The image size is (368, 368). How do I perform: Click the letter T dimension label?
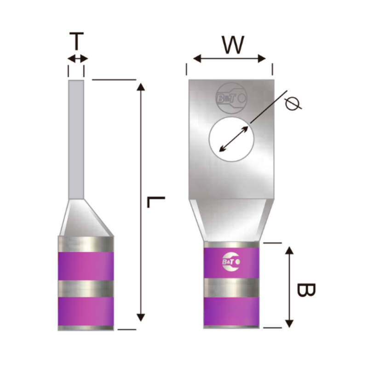[x=76, y=41]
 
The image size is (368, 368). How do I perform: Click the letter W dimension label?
[x=233, y=45]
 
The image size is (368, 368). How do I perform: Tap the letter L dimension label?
[x=156, y=202]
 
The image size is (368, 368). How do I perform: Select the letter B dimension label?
[x=306, y=290]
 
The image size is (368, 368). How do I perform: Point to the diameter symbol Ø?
[x=293, y=103]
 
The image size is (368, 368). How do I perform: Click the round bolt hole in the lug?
[x=231, y=139]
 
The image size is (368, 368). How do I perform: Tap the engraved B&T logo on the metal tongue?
[x=231, y=98]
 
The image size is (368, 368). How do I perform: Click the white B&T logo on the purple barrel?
[x=231, y=262]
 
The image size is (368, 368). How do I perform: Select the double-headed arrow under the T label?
[x=77, y=58]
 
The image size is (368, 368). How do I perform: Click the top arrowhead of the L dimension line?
[x=141, y=87]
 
